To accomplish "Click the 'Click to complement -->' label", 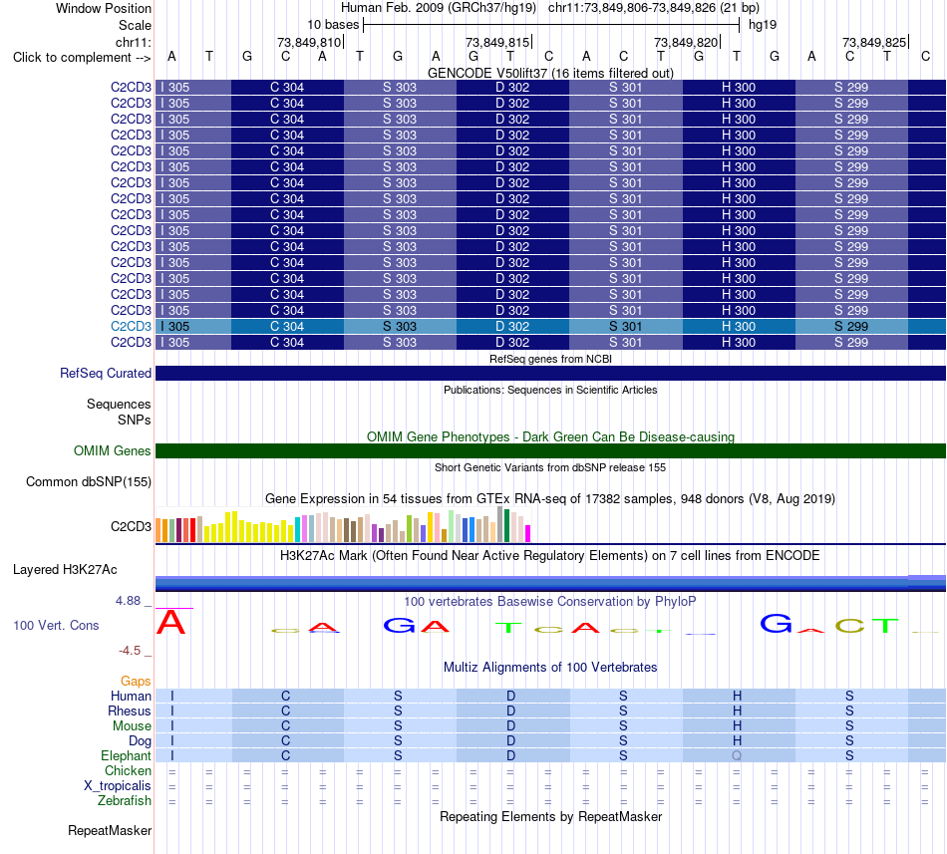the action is pyautogui.click(x=82, y=58).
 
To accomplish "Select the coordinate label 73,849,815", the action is pyautogui.click(x=497, y=42).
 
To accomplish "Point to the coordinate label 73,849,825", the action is pyautogui.click(x=874, y=42).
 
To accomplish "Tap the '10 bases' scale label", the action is pyautogui.click(x=333, y=25).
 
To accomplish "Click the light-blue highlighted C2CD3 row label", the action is pyautogui.click(x=131, y=327).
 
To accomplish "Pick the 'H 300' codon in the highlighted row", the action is pyautogui.click(x=739, y=327).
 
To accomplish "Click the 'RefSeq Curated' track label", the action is pyautogui.click(x=105, y=373).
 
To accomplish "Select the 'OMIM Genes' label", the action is pyautogui.click(x=112, y=450).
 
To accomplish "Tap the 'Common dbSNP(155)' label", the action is pyautogui.click(x=88, y=481).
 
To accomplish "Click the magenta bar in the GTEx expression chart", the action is pyautogui.click(x=527, y=533).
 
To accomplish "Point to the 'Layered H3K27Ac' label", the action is pyautogui.click(x=65, y=570).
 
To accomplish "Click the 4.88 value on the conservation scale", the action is pyautogui.click(x=128, y=601).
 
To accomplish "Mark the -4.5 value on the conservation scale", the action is pyautogui.click(x=130, y=650).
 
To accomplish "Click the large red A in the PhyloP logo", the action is pyautogui.click(x=170, y=622).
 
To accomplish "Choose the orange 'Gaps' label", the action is pyautogui.click(x=136, y=682).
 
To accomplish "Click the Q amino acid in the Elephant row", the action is pyautogui.click(x=737, y=755).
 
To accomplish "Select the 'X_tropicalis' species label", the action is pyautogui.click(x=118, y=786).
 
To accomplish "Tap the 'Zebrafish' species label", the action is pyautogui.click(x=125, y=801).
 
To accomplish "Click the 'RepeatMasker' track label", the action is pyautogui.click(x=110, y=830).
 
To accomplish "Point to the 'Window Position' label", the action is pyautogui.click(x=104, y=8).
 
